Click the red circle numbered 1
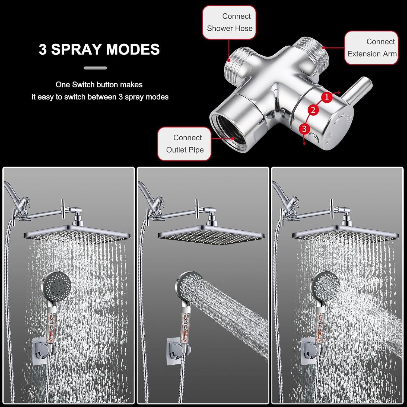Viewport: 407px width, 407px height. (327, 97)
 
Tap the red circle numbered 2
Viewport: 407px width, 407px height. (313, 110)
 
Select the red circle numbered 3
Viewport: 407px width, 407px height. (304, 128)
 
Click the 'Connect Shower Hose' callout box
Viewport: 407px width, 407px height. (229, 22)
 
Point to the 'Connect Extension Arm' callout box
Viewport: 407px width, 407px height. (371, 48)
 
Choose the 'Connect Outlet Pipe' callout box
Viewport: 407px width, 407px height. (185, 144)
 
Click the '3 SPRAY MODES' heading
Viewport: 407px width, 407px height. (99, 49)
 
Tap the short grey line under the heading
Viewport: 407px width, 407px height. (95, 68)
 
